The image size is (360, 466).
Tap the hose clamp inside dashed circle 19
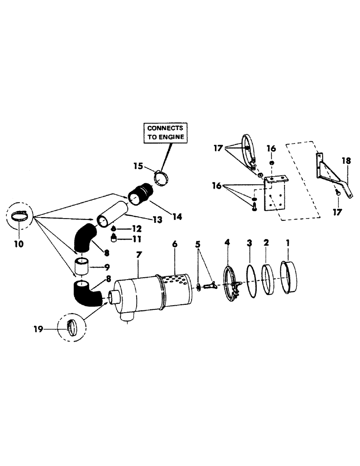click(69, 327)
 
